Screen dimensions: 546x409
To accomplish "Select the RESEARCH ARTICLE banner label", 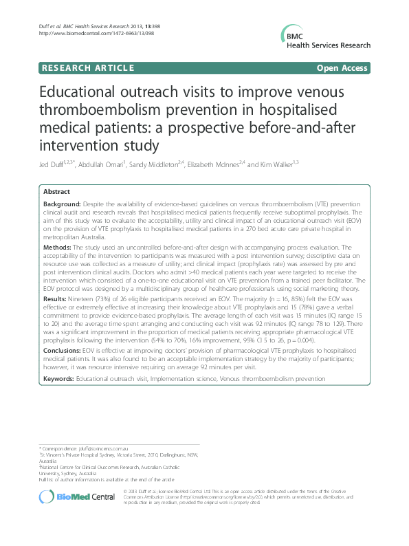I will pyautogui.click(x=87, y=67).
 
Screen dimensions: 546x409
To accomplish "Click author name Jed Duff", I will pyautogui.click(x=52, y=164).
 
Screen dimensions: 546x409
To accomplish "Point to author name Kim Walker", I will pyautogui.click(x=276, y=164).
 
